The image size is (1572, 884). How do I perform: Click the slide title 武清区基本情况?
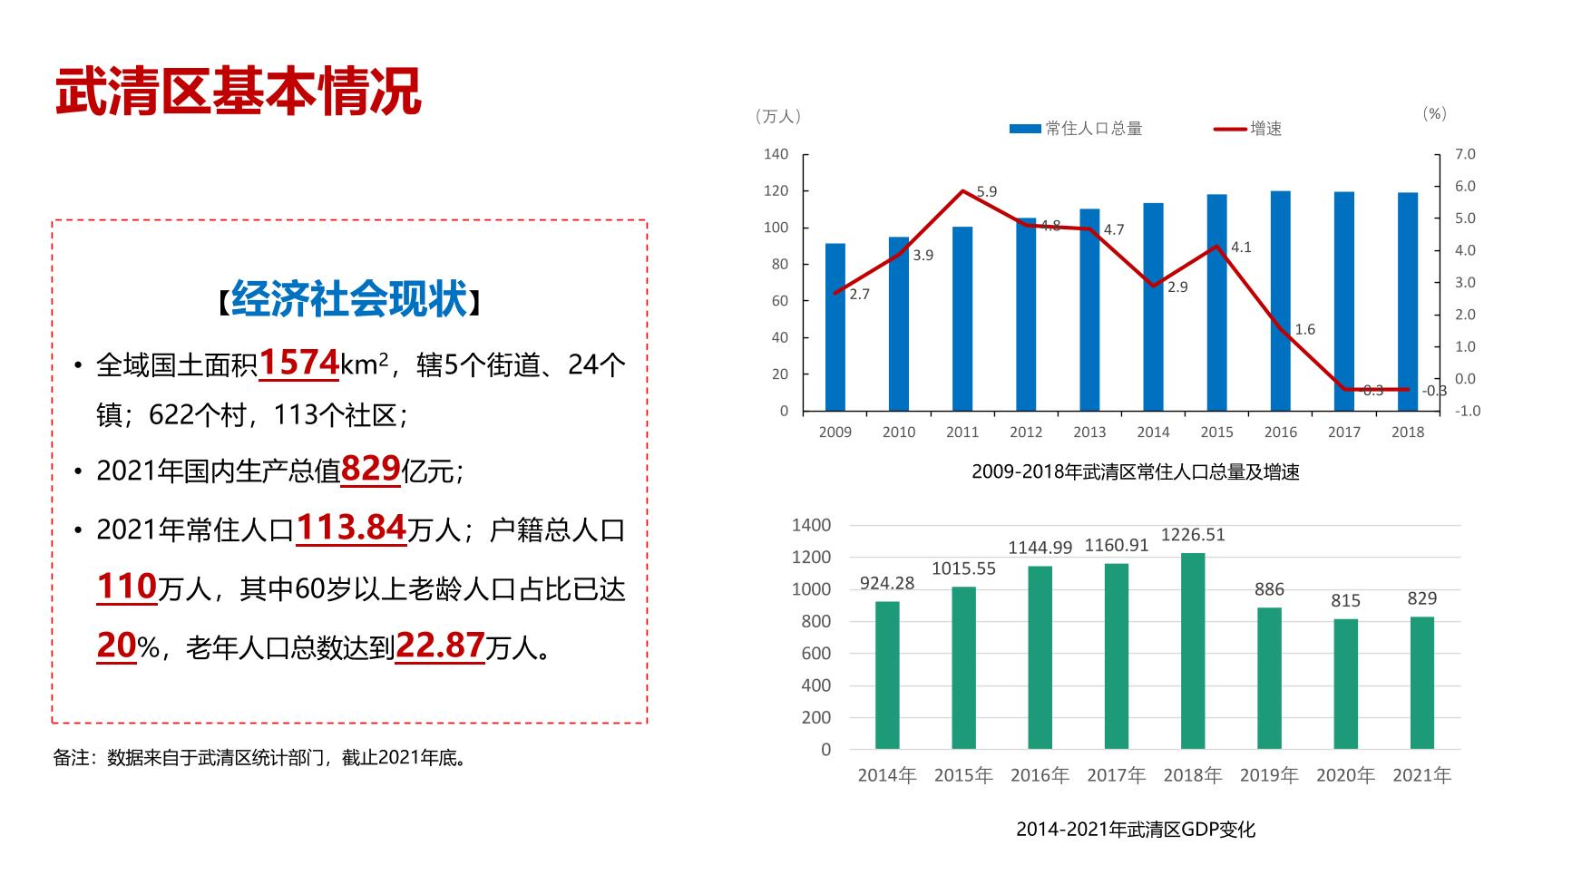coord(239,91)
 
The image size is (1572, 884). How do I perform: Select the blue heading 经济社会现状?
coord(349,298)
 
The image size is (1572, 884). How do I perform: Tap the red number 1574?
coord(299,363)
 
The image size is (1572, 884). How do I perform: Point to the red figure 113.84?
coord(351,527)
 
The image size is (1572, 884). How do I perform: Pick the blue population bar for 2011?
coord(962,319)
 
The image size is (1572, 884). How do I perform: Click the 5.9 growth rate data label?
coord(987,191)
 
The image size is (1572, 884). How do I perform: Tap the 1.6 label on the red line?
coord(1304,329)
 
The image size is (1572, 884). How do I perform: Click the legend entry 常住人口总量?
coord(1093,129)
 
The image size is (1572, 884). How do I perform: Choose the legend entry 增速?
coord(1265,129)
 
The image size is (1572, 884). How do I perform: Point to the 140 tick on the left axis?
coord(776,154)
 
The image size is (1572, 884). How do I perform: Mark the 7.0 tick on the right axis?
coord(1465,154)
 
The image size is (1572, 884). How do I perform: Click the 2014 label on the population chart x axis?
coord(1153,432)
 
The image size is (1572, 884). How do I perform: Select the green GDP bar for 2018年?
coord(1193,651)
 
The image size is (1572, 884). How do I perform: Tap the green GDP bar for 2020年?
coord(1345,684)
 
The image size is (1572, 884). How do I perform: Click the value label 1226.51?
coord(1193,535)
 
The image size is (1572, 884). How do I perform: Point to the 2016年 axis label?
coord(1040,775)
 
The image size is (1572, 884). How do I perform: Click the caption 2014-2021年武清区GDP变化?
coord(1135,829)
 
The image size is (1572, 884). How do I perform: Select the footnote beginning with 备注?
coord(261,758)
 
